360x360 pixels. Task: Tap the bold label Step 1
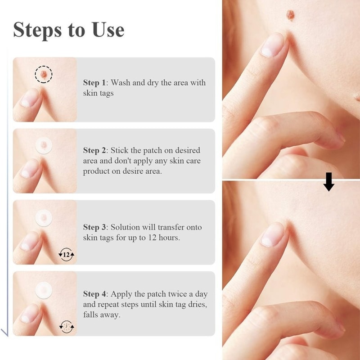pyautogui.click(x=94, y=83)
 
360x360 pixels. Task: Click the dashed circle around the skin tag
pyautogui.click(x=44, y=74)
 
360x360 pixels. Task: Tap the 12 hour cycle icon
pyautogui.click(x=67, y=255)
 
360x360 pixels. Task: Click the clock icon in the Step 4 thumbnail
pyautogui.click(x=67, y=326)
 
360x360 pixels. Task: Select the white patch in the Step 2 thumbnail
pyautogui.click(x=44, y=145)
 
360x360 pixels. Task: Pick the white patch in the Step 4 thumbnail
pyautogui.click(x=44, y=288)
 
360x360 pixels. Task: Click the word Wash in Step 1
pyautogui.click(x=120, y=83)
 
